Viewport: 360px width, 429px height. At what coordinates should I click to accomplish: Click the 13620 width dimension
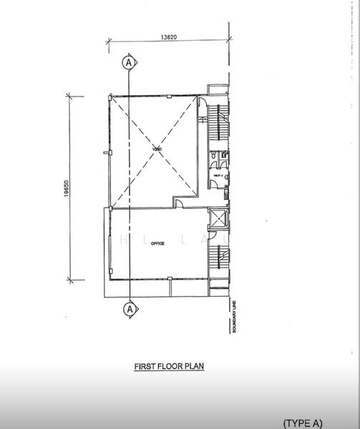coord(168,36)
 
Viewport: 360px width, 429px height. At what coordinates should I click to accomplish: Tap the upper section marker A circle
coord(129,63)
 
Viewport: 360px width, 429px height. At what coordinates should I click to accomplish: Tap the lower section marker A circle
coord(129,309)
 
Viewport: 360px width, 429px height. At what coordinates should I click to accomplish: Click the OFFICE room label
coord(157,244)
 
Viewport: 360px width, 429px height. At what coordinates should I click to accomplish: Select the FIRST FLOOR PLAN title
coord(170,365)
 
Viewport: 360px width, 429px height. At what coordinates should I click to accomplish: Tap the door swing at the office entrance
coord(180,203)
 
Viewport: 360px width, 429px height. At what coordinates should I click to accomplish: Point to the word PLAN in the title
coord(195,365)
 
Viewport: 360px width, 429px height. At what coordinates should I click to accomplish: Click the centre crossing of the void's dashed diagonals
coord(152,148)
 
